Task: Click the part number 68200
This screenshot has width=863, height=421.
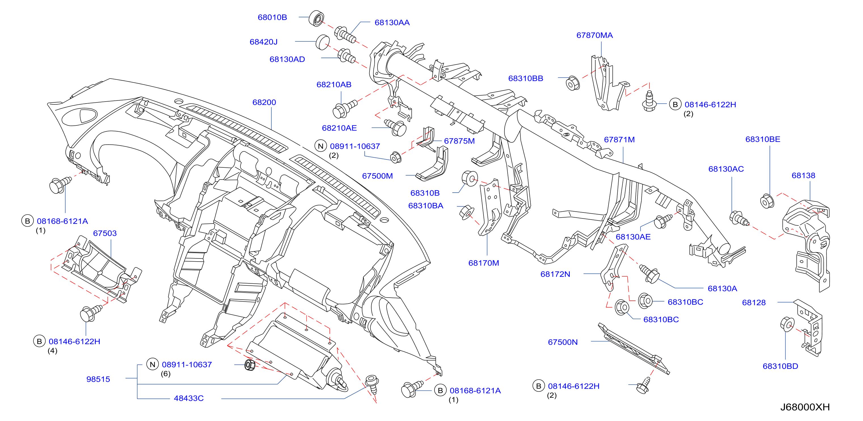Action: click(x=264, y=102)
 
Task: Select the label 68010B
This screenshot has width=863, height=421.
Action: click(x=272, y=17)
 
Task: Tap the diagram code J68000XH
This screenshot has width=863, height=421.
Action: click(x=805, y=407)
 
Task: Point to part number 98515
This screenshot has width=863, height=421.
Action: click(x=98, y=379)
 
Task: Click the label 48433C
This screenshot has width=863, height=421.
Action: click(x=189, y=398)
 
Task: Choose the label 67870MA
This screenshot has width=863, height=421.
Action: click(x=594, y=35)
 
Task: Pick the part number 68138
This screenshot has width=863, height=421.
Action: click(x=803, y=175)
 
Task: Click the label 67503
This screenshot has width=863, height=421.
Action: click(x=105, y=233)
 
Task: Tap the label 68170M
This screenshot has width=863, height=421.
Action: click(x=484, y=263)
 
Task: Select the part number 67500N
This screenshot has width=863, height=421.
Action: click(x=563, y=342)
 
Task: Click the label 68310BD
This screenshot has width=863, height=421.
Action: click(x=780, y=366)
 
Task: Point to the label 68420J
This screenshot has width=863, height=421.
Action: click(x=264, y=42)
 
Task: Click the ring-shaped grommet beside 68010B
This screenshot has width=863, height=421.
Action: click(x=316, y=18)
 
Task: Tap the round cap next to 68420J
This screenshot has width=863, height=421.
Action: click(x=323, y=42)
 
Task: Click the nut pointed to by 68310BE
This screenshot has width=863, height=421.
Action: click(x=767, y=201)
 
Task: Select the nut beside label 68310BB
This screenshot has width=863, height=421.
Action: click(x=573, y=83)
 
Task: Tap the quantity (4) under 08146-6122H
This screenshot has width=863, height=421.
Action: click(x=52, y=351)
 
